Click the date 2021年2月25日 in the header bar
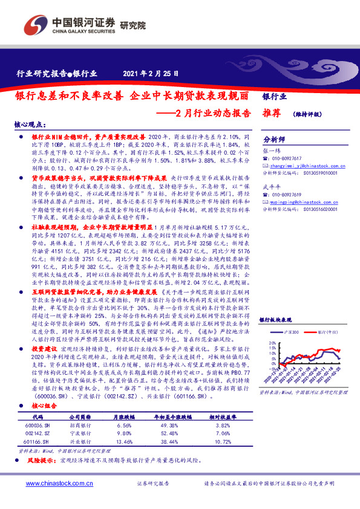pyautogui.click(x=151, y=74)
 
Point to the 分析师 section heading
pyautogui.click(x=273, y=138)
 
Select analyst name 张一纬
pyautogui.click(x=273, y=152)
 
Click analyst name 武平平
pyautogui.click(x=273, y=186)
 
